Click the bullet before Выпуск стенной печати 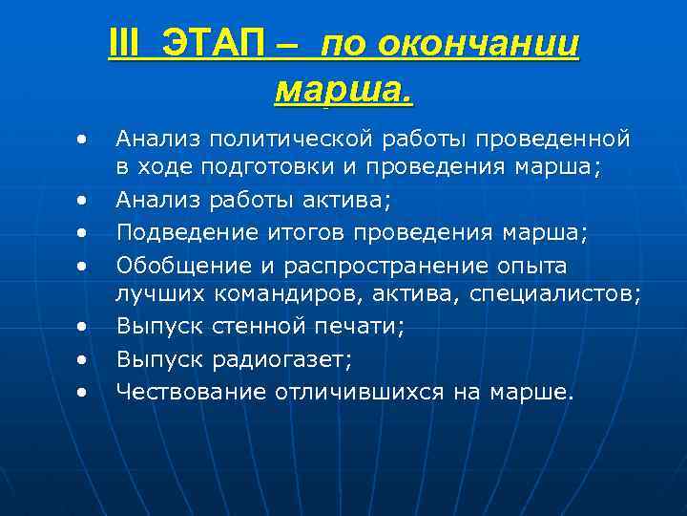coord(84,327)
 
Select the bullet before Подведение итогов coord(84,233)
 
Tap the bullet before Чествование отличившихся coord(84,390)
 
